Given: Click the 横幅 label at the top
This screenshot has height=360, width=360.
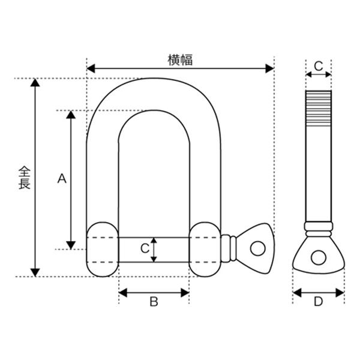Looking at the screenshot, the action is pyautogui.click(x=180, y=60).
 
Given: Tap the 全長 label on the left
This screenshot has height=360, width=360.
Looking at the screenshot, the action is pyautogui.click(x=25, y=178).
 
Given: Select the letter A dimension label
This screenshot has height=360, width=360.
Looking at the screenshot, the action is pyautogui.click(x=62, y=179).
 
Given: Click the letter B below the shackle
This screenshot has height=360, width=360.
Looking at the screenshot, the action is pyautogui.click(x=154, y=301).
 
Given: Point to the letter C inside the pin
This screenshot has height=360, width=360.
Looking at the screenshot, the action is pyautogui.click(x=145, y=248).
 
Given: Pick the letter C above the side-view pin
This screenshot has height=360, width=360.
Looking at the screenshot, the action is pyautogui.click(x=319, y=67).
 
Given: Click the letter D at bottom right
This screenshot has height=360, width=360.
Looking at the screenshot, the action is pyautogui.click(x=318, y=301).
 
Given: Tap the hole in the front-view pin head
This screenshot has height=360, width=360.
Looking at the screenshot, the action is pyautogui.click(x=258, y=248).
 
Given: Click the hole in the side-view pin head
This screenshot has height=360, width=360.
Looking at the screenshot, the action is pyautogui.click(x=318, y=257).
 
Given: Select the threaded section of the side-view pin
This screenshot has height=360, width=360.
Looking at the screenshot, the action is pyautogui.click(x=319, y=108).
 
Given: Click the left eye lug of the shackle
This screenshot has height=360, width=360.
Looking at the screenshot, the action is pyautogui.click(x=103, y=250).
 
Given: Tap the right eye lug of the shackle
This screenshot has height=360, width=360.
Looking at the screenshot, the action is pyautogui.click(x=205, y=250).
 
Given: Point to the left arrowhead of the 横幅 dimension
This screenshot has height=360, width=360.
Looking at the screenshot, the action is pyautogui.click(x=91, y=68).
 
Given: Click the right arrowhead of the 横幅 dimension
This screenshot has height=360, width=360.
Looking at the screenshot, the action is pyautogui.click(x=269, y=68).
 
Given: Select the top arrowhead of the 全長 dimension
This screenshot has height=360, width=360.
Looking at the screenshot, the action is pyautogui.click(x=35, y=83).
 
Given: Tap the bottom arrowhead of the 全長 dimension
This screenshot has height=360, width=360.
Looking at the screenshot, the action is pyautogui.click(x=35, y=272).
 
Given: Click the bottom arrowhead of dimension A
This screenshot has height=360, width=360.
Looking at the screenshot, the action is pyautogui.click(x=71, y=245).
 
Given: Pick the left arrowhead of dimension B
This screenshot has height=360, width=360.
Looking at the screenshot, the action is pyautogui.click(x=123, y=293).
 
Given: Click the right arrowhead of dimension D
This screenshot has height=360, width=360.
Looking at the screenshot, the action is pyautogui.click(x=340, y=293).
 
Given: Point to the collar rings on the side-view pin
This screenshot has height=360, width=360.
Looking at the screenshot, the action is pyautogui.click(x=319, y=229).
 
